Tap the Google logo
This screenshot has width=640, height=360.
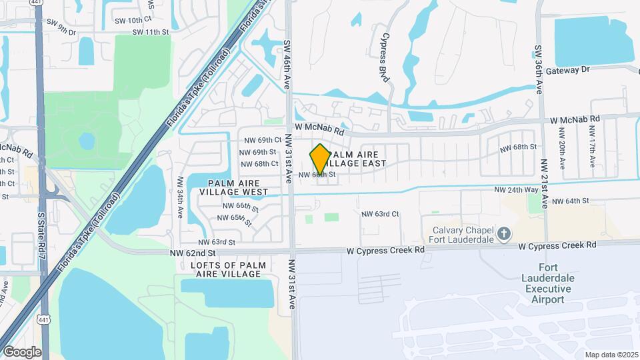21,352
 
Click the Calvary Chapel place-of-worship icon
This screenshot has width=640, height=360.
504,234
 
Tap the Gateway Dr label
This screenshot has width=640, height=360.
567,70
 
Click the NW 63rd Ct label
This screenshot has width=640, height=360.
379,214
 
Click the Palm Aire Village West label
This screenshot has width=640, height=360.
238,187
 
